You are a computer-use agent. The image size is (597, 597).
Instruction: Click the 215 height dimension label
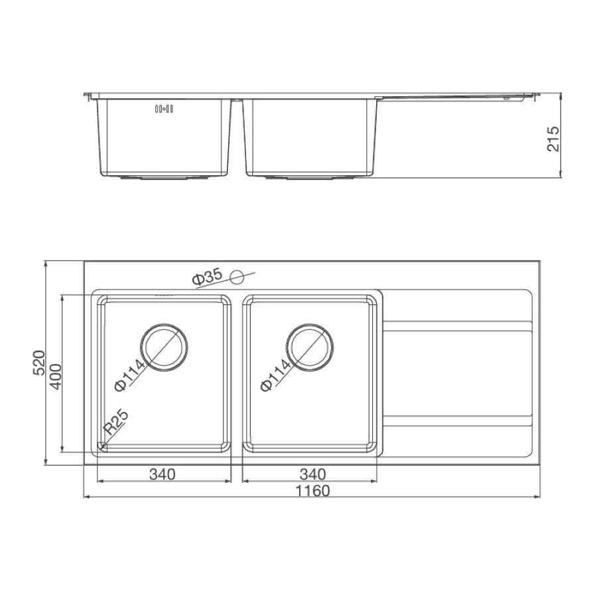(x=553, y=139)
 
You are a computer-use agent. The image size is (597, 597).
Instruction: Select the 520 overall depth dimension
(x=38, y=363)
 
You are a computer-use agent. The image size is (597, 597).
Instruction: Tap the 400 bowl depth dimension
(x=56, y=377)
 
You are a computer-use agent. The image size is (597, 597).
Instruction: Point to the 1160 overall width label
(x=312, y=491)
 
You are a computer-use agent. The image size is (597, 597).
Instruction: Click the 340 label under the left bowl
(x=163, y=474)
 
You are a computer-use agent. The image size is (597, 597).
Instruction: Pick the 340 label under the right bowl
(x=312, y=474)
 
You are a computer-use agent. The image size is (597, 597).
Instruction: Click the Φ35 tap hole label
(x=208, y=277)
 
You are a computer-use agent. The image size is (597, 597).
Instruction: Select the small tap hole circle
(x=237, y=277)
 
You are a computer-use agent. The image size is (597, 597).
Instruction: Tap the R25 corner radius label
(x=116, y=423)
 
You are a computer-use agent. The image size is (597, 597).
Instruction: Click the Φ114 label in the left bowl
(x=130, y=375)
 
